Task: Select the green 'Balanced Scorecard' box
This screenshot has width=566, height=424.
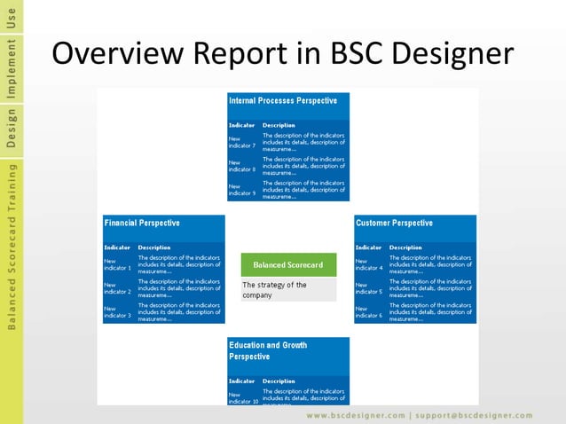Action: click(288, 264)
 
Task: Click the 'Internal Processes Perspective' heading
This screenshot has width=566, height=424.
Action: click(283, 101)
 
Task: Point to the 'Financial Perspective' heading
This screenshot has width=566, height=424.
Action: click(142, 223)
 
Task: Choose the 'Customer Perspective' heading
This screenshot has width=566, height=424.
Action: click(394, 223)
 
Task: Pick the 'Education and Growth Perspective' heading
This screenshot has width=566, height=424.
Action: click(267, 350)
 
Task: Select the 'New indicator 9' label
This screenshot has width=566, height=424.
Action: click(241, 190)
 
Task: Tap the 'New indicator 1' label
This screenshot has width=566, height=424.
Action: click(116, 263)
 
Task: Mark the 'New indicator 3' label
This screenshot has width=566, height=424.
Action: click(116, 311)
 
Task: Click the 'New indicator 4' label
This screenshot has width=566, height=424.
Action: click(368, 263)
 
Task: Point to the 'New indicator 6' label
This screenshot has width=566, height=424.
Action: click(368, 311)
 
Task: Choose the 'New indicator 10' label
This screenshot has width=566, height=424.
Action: click(243, 397)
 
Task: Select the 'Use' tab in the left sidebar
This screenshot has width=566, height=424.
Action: click(12, 15)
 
